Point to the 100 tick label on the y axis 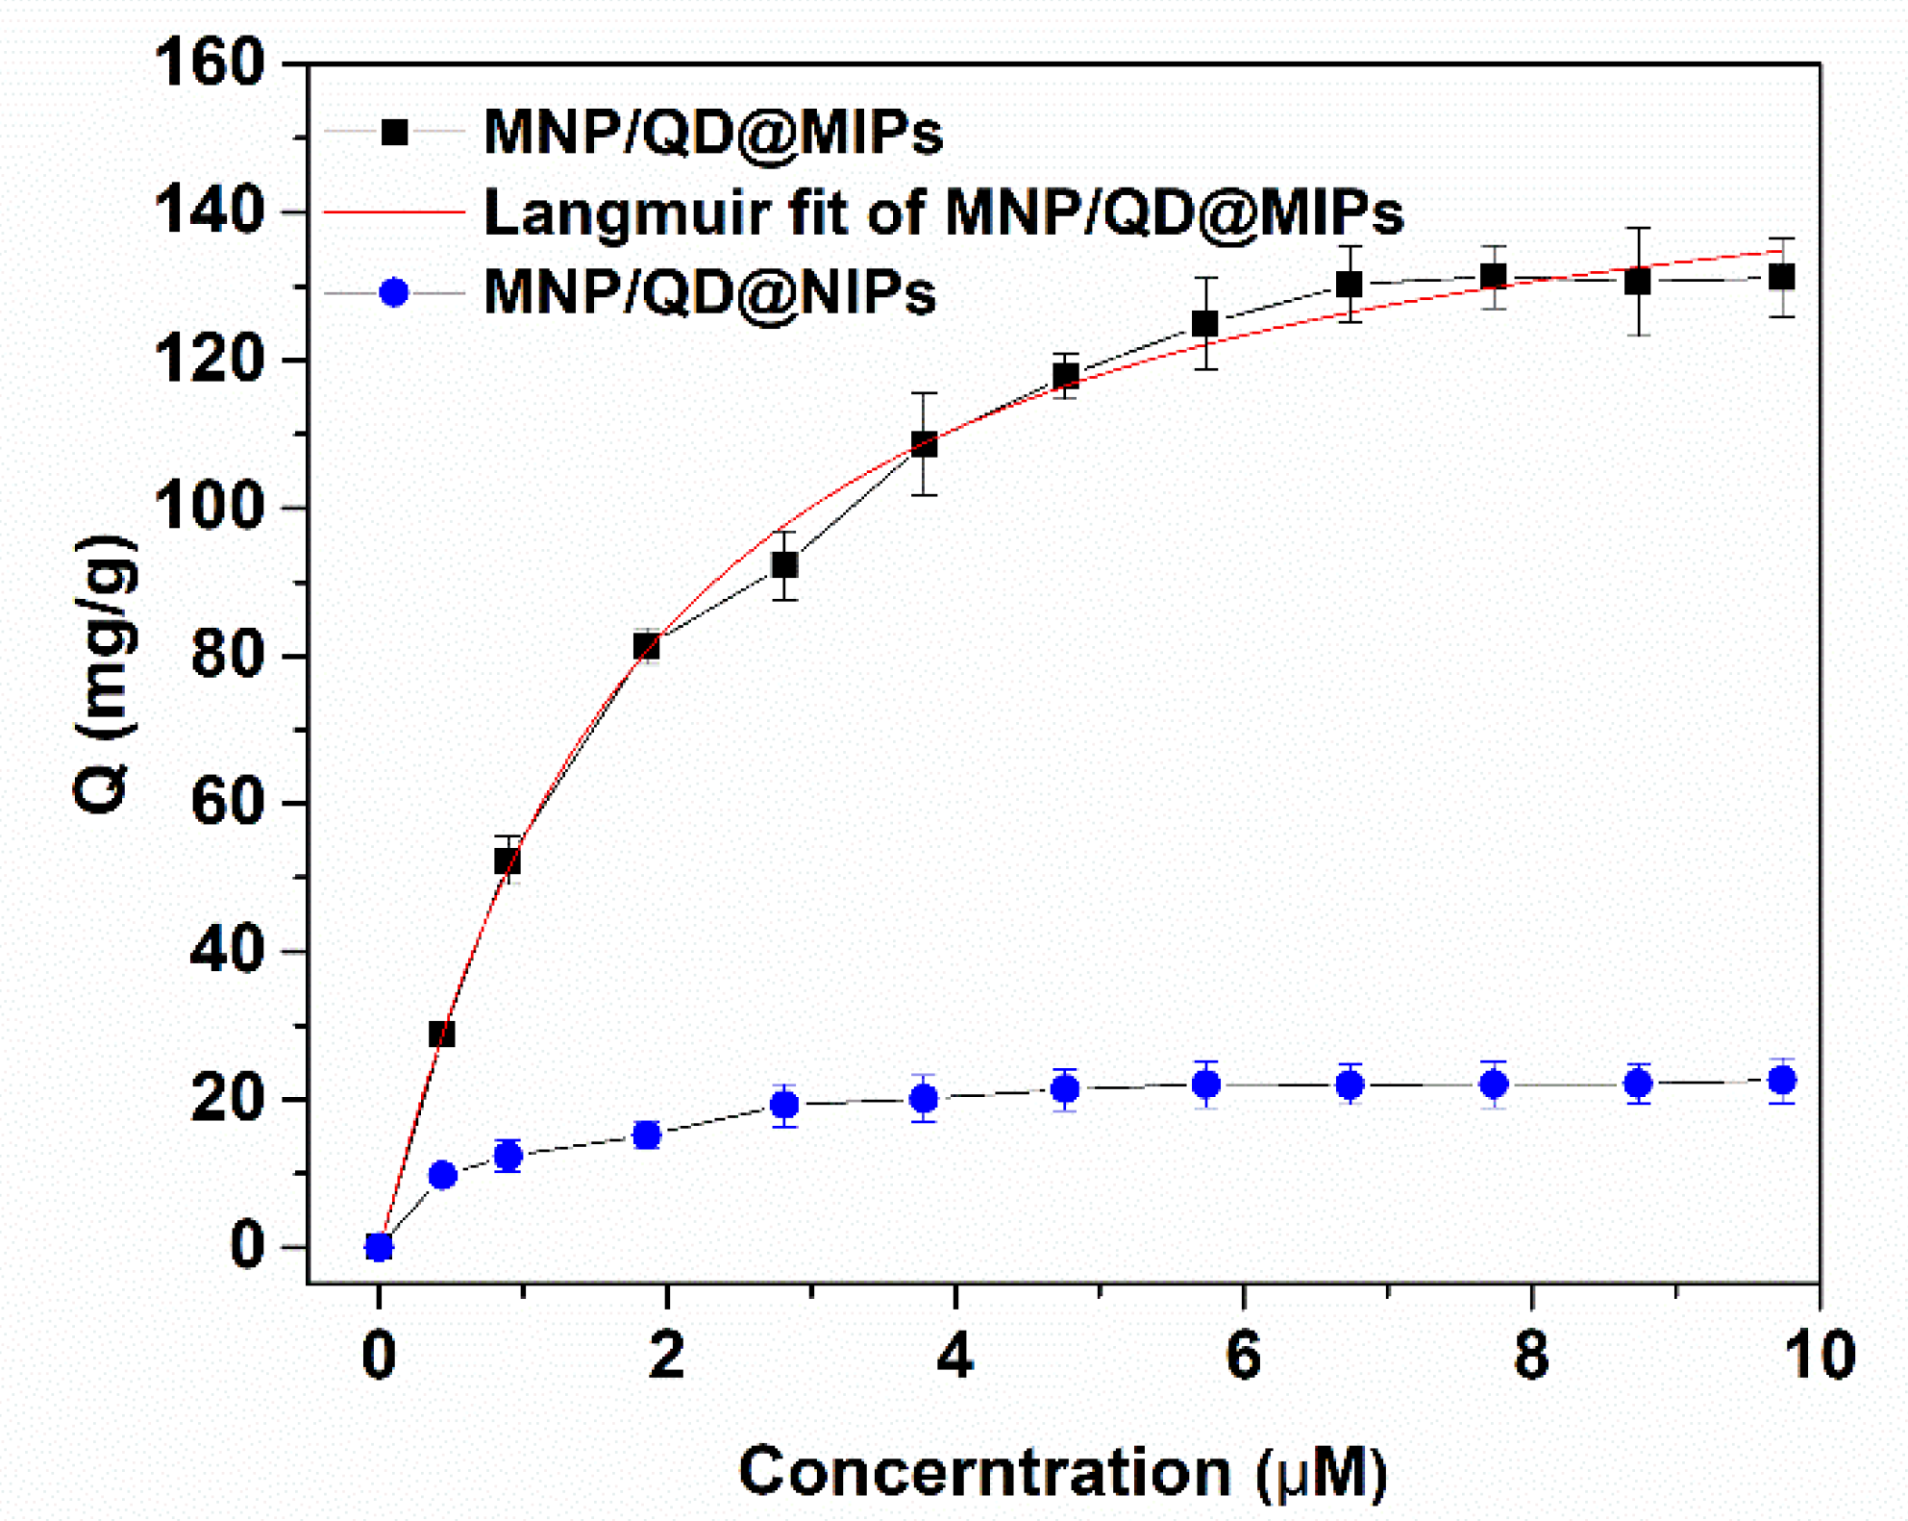pos(209,507)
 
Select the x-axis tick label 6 pos(1243,1355)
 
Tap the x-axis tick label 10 pos(1818,1355)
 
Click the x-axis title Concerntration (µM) pos(1062,1471)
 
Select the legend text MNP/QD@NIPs pos(709,292)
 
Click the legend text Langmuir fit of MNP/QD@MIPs pos(943,212)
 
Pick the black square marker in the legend pos(394,132)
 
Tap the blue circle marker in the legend pos(394,292)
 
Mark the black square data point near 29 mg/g pos(441,1034)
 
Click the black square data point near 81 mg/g pos(647,646)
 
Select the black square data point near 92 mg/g pos(785,565)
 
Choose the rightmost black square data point pos(1782,277)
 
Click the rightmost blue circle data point pos(1782,1081)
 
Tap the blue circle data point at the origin pos(380,1247)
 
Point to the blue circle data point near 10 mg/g pos(442,1175)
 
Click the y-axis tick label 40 pos(227,951)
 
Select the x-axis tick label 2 pos(666,1355)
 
